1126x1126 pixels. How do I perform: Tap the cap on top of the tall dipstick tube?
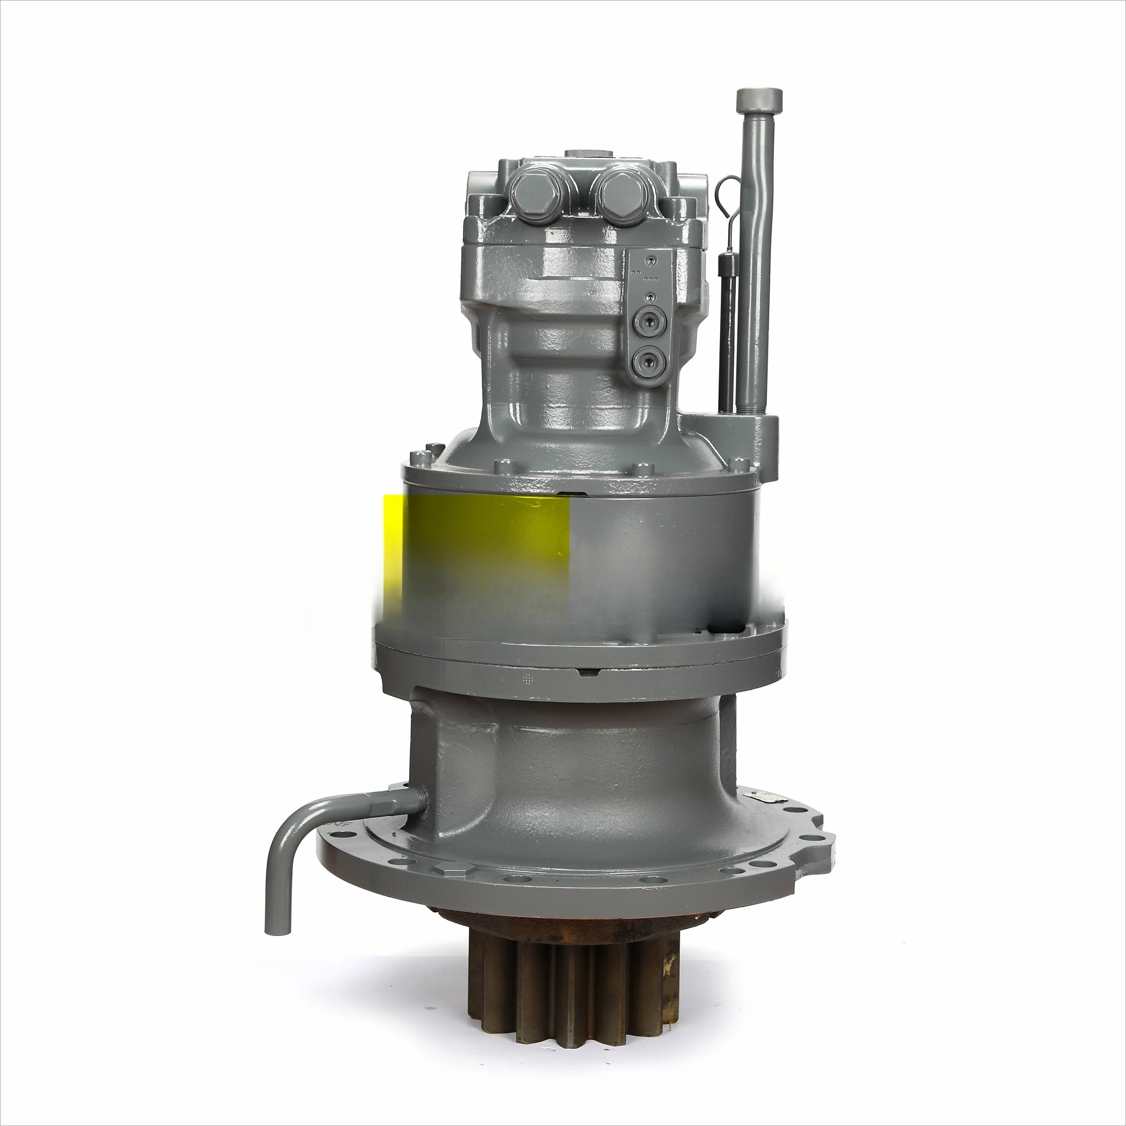point(759,100)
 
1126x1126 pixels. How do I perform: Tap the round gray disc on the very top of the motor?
point(591,154)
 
